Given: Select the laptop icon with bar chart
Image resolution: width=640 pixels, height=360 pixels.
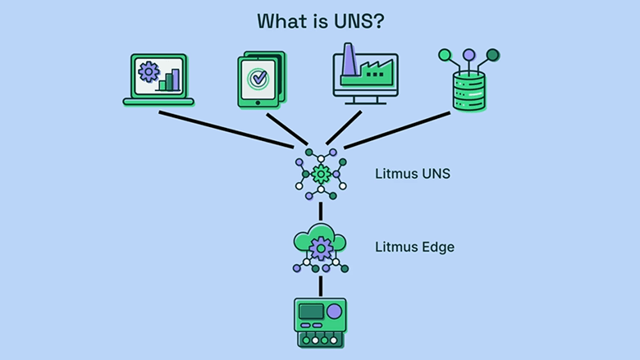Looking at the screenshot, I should click(158, 80).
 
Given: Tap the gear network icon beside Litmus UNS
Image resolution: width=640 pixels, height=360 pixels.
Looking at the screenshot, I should click(321, 173).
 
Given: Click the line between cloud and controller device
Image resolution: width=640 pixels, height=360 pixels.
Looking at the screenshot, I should click(321, 285).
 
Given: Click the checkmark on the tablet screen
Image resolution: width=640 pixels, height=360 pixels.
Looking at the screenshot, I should click(259, 81).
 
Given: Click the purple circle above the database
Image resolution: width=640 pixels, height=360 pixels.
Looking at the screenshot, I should click(469, 56).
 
